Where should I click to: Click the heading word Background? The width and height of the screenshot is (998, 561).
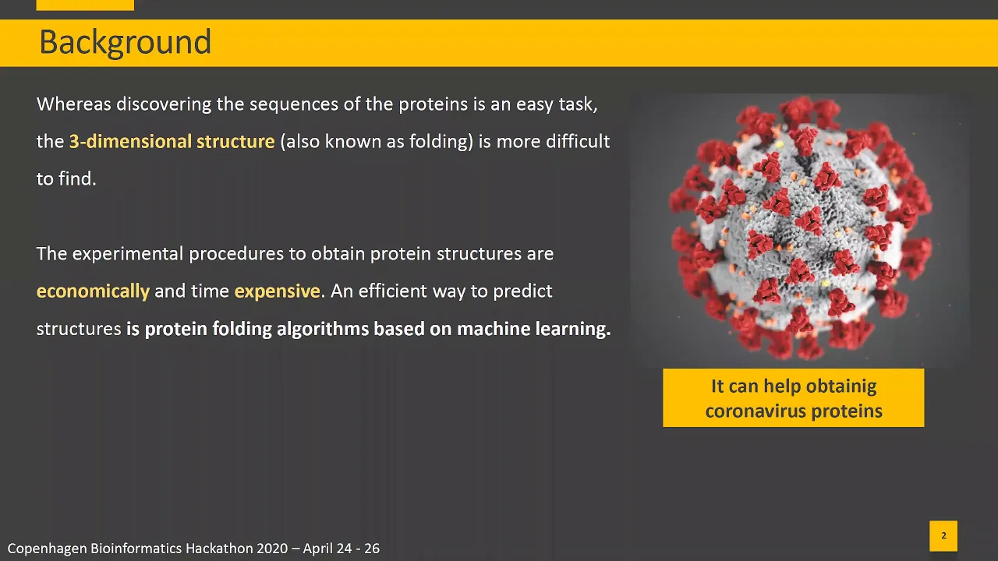[x=126, y=43]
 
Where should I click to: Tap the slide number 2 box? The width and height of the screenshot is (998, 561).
[x=943, y=535]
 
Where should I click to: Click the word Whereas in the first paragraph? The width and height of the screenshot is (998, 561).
[x=74, y=104]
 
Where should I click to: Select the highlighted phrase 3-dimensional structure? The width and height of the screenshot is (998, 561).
[x=172, y=142]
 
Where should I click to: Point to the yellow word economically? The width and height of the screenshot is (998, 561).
[x=93, y=291]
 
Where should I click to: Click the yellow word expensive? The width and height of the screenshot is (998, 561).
[x=277, y=291]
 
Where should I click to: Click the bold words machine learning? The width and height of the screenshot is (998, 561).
[x=534, y=329]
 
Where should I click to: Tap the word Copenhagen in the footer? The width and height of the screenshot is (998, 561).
[x=48, y=549]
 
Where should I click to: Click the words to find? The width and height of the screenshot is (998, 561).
[x=66, y=179]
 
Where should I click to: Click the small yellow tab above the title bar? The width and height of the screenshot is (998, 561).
[x=85, y=5]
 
